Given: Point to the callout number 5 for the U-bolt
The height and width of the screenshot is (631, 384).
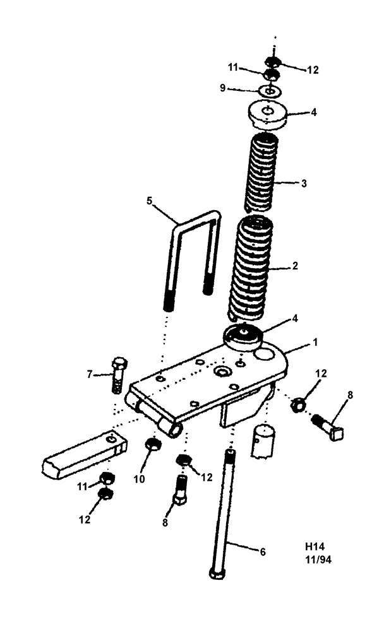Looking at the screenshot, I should [149, 201].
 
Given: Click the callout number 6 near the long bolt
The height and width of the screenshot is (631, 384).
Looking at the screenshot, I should [262, 551].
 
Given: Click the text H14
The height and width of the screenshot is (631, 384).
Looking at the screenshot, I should [315, 546].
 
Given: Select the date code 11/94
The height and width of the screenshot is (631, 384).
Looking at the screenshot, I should [318, 559].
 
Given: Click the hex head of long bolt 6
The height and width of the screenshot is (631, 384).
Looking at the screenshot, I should [217, 574].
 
